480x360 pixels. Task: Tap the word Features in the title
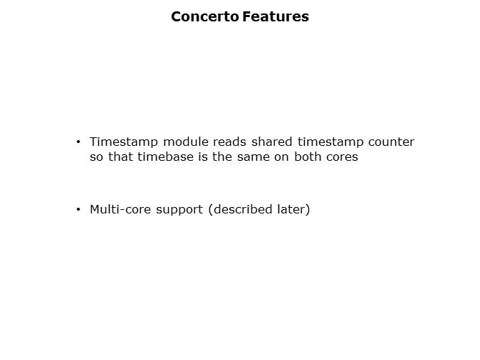click(275, 16)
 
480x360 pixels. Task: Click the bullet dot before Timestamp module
click(78, 142)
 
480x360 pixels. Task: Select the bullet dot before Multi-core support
click(78, 210)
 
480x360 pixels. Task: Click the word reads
click(229, 142)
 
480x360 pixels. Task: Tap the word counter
click(392, 142)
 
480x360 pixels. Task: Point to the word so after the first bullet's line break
click(96, 157)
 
